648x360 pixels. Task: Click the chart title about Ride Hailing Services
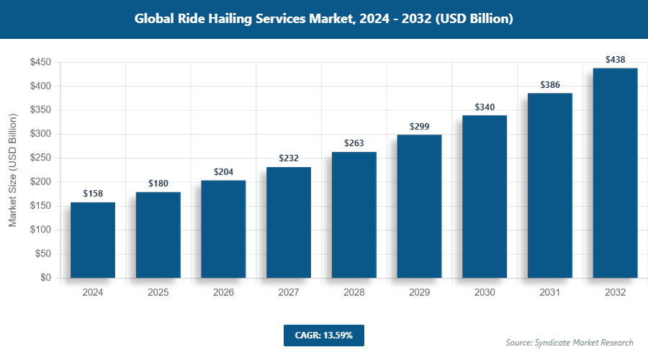point(324,19)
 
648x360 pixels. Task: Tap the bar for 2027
point(289,222)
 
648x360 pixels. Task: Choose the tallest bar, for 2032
point(615,173)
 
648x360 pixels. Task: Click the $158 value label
point(93,194)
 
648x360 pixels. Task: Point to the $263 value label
point(354,143)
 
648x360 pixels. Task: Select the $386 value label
point(550,84)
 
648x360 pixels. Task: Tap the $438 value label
point(615,59)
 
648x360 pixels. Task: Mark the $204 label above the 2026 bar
point(223,172)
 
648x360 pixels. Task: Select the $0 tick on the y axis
point(45,278)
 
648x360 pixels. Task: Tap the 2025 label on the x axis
point(158,293)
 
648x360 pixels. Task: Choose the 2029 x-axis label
point(419,293)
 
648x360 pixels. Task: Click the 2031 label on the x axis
point(550,293)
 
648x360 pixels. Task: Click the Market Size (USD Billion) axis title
point(12,170)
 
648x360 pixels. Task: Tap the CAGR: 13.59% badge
point(324,336)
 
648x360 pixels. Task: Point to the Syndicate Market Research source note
point(570,343)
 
